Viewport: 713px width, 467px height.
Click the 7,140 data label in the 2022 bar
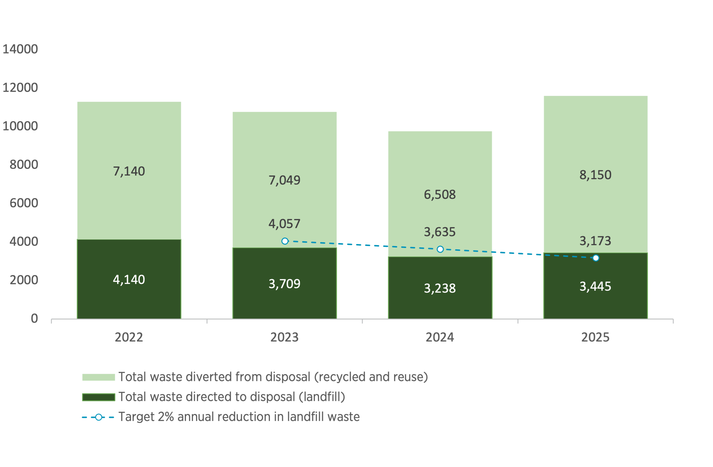[x=129, y=171]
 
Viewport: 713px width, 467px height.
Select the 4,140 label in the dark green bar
[x=129, y=280]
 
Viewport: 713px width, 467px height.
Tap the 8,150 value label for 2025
[x=595, y=175]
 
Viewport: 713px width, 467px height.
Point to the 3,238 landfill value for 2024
[x=440, y=288]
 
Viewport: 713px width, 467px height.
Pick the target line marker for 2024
[x=440, y=249]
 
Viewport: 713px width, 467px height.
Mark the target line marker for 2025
[x=596, y=258]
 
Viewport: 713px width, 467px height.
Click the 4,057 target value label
[x=284, y=224]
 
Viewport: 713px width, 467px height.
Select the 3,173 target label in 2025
[x=595, y=241]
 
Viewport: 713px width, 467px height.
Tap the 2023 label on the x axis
[x=284, y=338]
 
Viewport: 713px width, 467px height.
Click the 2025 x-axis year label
[x=595, y=338]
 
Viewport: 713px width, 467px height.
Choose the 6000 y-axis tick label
[x=24, y=203]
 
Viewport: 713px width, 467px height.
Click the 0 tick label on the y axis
[x=35, y=319]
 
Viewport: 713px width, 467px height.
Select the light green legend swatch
[x=99, y=377]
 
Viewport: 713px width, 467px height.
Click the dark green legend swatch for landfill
[x=99, y=397]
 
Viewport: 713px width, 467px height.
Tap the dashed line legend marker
[x=99, y=417]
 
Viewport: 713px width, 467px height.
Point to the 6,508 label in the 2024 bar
[x=440, y=195]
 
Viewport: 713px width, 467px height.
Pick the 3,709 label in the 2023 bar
[x=284, y=284]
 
